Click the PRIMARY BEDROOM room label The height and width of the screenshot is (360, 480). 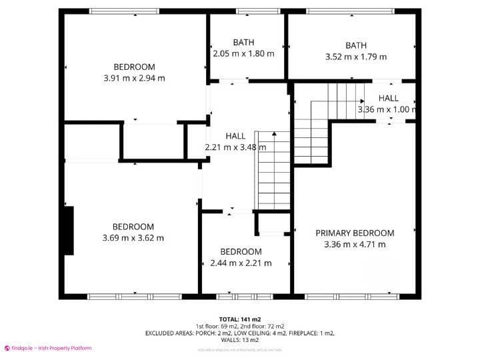point(355,233)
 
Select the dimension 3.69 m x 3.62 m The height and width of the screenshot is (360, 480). point(133,238)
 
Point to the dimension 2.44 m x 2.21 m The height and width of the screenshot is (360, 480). point(241,263)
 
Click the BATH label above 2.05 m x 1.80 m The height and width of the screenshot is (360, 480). point(243,43)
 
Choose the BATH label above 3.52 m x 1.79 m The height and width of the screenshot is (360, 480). point(355,45)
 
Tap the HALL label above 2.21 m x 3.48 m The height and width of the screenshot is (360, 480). point(235,136)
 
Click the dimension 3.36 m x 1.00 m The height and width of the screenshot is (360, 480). point(387,109)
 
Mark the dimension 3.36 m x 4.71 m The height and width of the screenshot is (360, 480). point(355,245)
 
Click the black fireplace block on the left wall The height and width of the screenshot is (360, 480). point(68,230)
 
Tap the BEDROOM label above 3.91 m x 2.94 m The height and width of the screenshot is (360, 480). point(134,67)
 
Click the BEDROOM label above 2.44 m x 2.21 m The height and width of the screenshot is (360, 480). point(241,251)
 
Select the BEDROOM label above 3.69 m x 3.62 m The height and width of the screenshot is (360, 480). point(133,227)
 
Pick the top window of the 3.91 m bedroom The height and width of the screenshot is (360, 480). point(124,11)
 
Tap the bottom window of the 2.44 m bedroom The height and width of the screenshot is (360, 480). point(245,295)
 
